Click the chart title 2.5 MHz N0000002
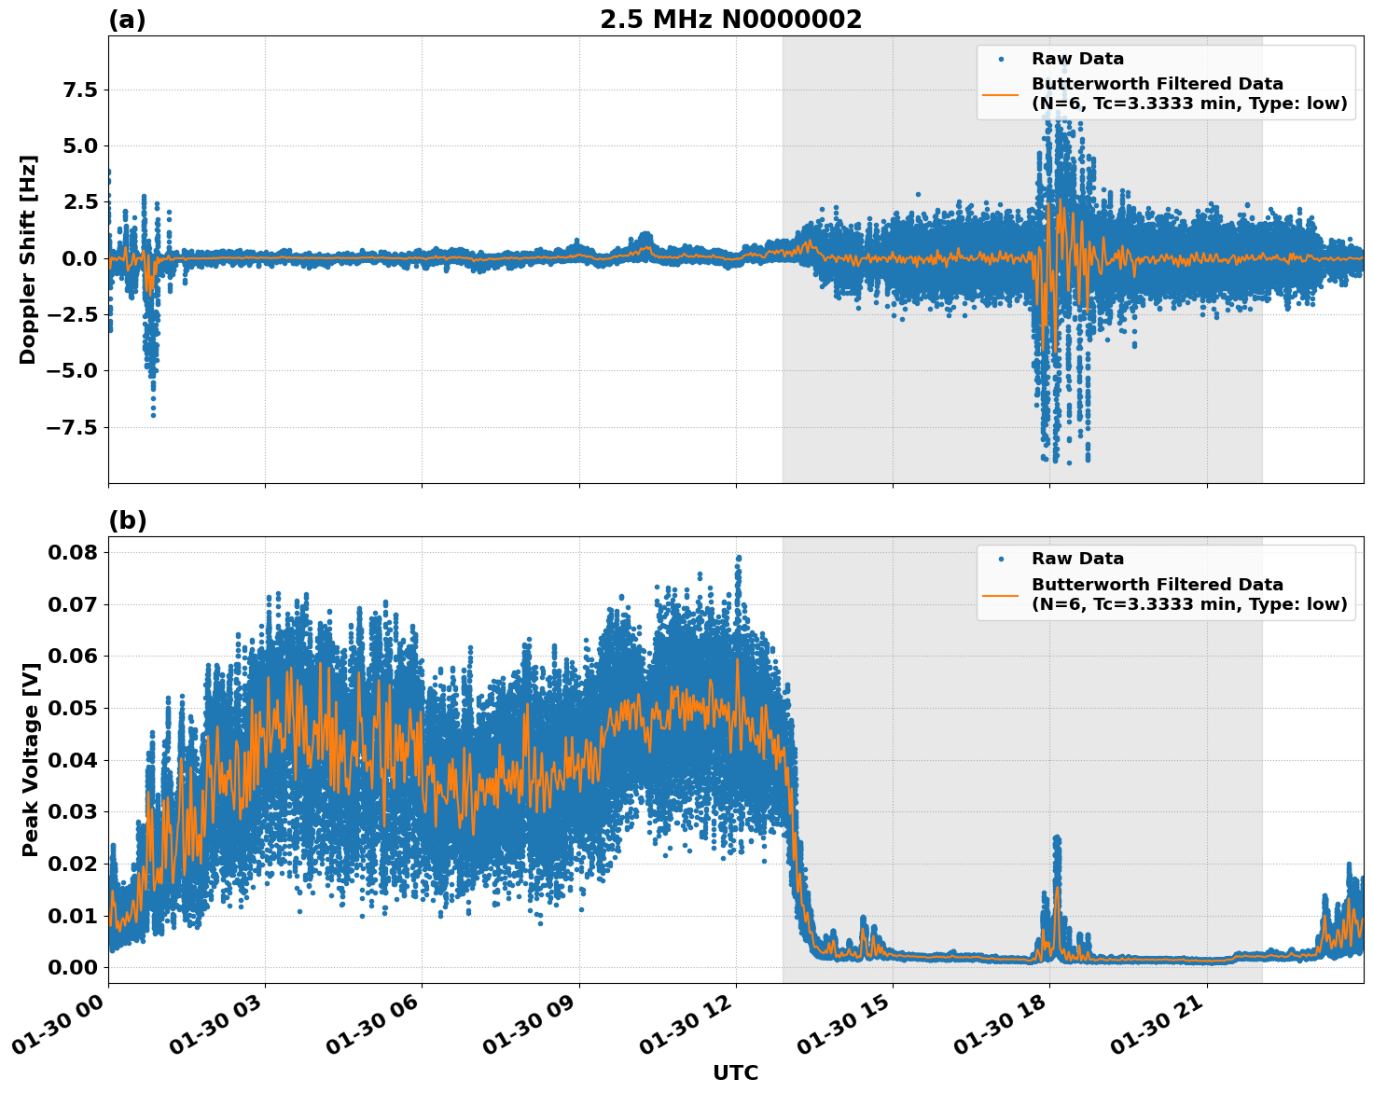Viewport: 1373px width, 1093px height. [x=730, y=20]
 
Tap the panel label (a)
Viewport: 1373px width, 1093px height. [x=127, y=20]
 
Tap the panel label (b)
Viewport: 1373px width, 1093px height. [x=127, y=520]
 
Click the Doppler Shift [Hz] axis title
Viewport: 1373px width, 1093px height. [x=28, y=259]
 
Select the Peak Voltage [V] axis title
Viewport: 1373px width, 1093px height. [x=31, y=760]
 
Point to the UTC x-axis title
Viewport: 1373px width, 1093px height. [x=735, y=1072]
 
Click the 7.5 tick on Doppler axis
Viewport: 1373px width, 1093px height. [x=78, y=90]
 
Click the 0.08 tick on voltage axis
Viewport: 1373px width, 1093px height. [x=73, y=552]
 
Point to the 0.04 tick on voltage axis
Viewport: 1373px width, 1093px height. [x=73, y=760]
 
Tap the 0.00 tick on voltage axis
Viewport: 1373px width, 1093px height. [x=73, y=967]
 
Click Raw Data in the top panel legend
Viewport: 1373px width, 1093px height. [x=1077, y=59]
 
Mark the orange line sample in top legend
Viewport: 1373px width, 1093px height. [x=1001, y=93]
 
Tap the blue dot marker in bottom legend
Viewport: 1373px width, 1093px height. [x=1001, y=559]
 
